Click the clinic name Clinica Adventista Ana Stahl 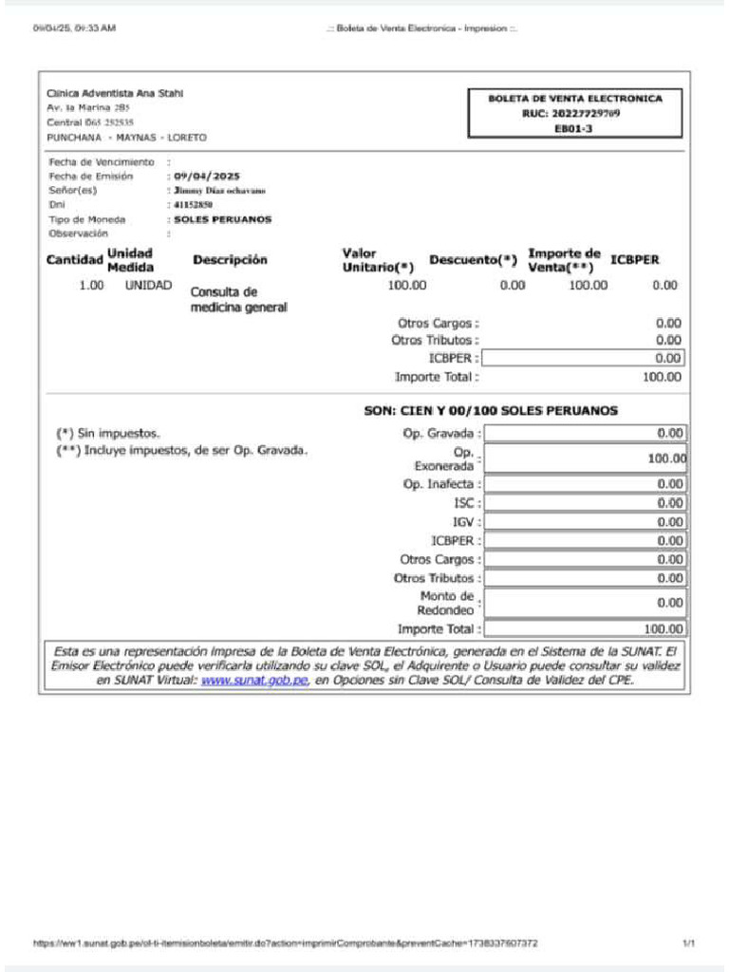coord(115,93)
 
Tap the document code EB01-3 coord(574,128)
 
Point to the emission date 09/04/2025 coord(207,177)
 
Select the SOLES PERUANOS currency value coord(222,219)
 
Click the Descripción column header coord(230,259)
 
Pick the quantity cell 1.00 coord(91,285)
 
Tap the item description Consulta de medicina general coord(238,300)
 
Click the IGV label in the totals coord(462,522)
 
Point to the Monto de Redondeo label coord(446,603)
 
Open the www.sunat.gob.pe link coord(254,681)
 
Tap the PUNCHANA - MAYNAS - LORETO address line coord(126,138)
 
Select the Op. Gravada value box coord(585,434)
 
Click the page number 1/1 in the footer coord(688,944)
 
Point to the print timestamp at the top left coord(74,28)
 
